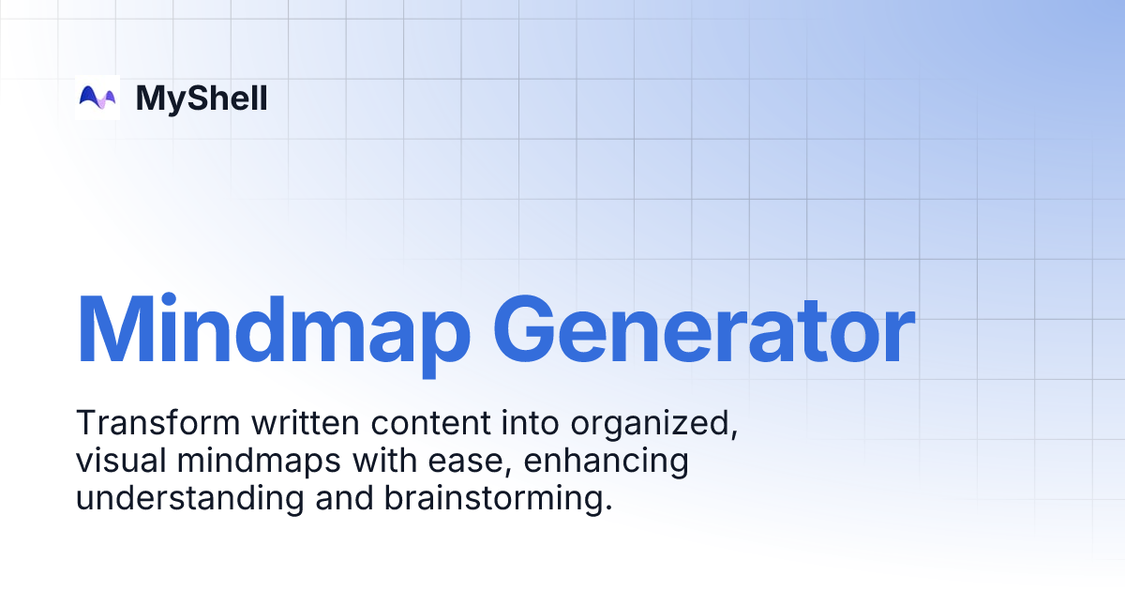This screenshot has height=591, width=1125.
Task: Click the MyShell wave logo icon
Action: pos(97,98)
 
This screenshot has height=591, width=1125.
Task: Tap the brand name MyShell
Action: pos(202,98)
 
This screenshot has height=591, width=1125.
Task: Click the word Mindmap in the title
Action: pos(273,330)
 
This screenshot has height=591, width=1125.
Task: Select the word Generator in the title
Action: pos(702,330)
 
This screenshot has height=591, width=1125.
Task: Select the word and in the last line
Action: pos(344,498)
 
